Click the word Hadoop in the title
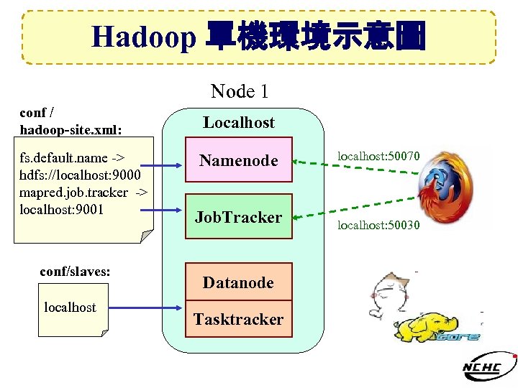coord(143,37)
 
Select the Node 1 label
coord(240,91)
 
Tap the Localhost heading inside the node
coord(239,122)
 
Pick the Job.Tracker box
coord(239,217)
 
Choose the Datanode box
coord(238,282)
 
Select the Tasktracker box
coord(238,319)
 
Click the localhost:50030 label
coord(378,226)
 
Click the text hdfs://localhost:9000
coord(81,175)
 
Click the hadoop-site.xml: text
coord(71,130)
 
